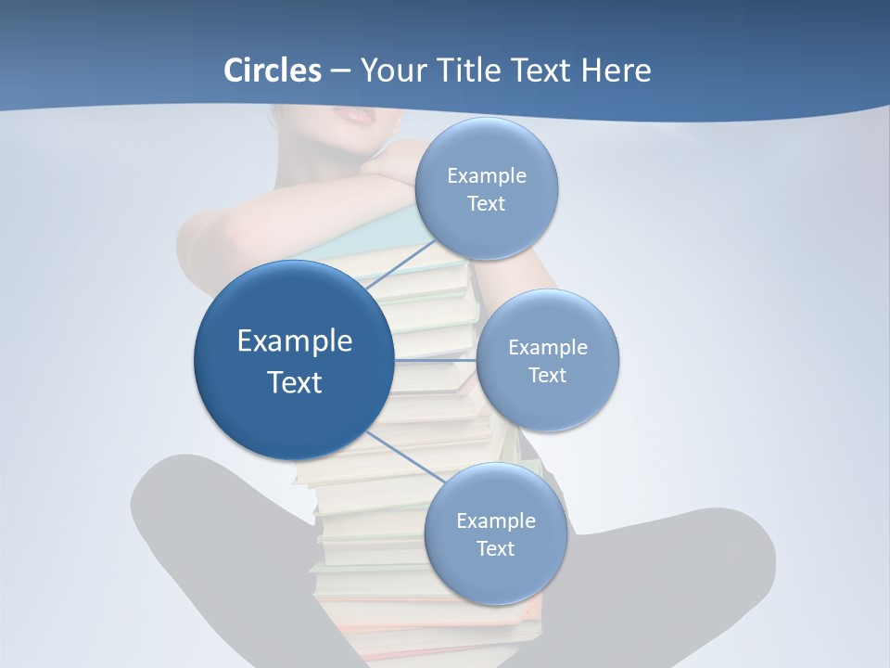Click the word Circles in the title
coord(272,71)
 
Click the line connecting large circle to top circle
coord(400,263)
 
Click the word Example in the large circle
coord(295,341)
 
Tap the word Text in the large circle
coord(295,382)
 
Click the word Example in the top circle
coord(486,176)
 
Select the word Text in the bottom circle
coord(495,548)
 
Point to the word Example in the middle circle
coord(547,348)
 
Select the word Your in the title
coord(389,71)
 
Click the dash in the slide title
coord(340,71)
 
